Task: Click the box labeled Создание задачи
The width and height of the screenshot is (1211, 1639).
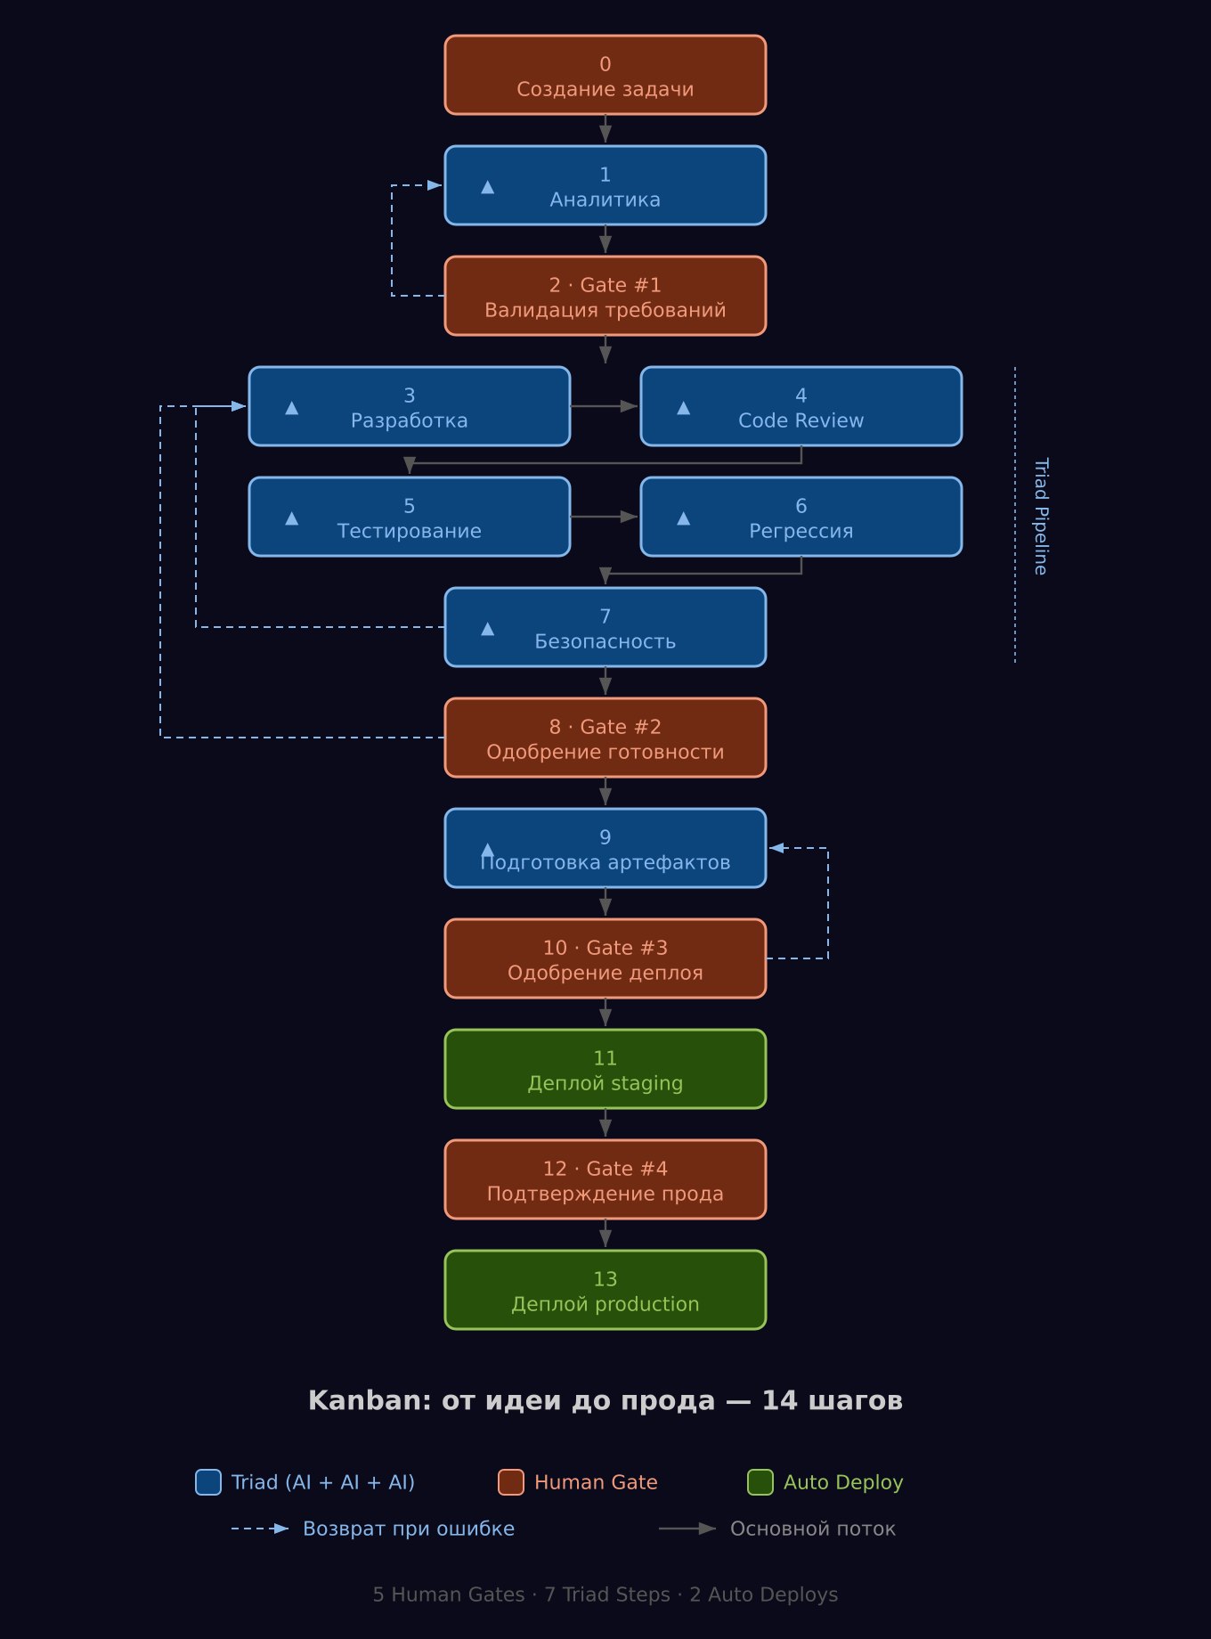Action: click(605, 76)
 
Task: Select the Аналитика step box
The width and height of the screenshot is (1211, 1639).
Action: click(605, 186)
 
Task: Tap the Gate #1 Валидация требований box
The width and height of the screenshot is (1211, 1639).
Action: click(605, 297)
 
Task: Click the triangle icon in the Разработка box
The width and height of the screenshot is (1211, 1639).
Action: click(292, 408)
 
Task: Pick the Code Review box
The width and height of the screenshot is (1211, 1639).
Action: click(801, 407)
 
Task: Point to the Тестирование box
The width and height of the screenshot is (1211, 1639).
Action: click(410, 518)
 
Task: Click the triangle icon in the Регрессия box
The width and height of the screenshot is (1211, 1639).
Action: click(684, 518)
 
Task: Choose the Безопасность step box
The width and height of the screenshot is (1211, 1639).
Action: click(605, 628)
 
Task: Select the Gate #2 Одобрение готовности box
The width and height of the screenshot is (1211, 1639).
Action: click(605, 738)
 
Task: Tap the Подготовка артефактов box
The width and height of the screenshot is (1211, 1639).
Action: click(605, 849)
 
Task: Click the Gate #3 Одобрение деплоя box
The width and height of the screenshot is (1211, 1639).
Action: click(605, 959)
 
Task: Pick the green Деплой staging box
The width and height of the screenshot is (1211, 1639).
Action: click(605, 1070)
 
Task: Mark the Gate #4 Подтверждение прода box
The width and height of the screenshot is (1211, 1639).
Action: click(605, 1180)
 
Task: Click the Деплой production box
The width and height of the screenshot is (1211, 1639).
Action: click(605, 1291)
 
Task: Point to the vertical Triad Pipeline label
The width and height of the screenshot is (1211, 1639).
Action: click(1040, 517)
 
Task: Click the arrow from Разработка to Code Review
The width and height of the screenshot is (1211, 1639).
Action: click(605, 406)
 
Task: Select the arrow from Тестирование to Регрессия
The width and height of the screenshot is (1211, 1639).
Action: click(605, 517)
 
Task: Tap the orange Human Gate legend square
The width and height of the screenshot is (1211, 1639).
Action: click(511, 1482)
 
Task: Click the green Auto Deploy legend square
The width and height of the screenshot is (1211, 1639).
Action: click(760, 1482)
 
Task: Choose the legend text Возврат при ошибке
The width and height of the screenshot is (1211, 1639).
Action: click(409, 1529)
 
